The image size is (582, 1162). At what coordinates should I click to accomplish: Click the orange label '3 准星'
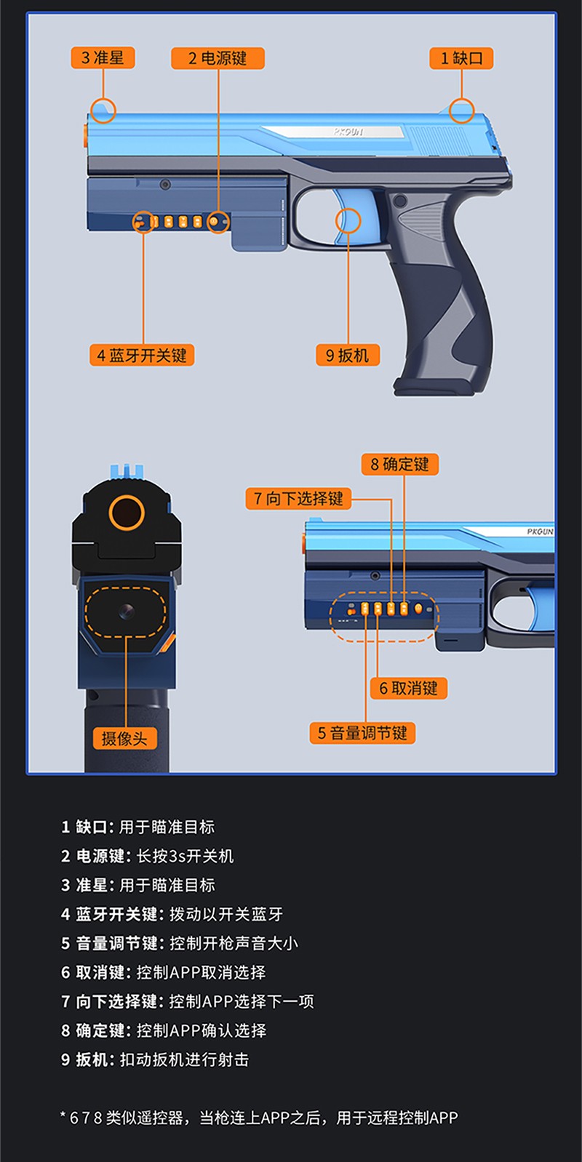(x=103, y=57)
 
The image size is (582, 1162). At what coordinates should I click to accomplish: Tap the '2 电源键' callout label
(x=218, y=58)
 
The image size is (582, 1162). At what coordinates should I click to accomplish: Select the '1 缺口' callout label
(x=461, y=58)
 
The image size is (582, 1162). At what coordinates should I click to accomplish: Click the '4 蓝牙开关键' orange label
(x=142, y=356)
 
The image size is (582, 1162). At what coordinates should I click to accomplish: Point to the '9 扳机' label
(x=348, y=356)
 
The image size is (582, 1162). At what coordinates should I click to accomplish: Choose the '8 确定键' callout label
(x=400, y=464)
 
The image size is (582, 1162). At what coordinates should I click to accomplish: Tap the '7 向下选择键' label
(x=298, y=499)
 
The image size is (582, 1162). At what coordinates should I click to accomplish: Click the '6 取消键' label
(x=409, y=689)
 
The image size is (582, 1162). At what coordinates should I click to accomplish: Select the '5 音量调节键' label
(x=362, y=733)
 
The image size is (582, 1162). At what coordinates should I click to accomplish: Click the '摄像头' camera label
(x=124, y=738)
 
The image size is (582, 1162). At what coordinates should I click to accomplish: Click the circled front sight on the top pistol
(x=103, y=111)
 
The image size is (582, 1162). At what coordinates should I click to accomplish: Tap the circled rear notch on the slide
(x=461, y=111)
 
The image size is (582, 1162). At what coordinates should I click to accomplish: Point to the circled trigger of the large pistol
(x=348, y=220)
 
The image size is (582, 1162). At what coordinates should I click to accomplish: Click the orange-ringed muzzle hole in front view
(x=127, y=513)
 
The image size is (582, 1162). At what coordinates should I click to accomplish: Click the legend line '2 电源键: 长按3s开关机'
(x=147, y=856)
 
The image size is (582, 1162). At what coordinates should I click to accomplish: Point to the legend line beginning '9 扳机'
(x=155, y=1059)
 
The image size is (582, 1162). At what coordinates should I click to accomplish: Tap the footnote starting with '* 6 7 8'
(x=259, y=1118)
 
